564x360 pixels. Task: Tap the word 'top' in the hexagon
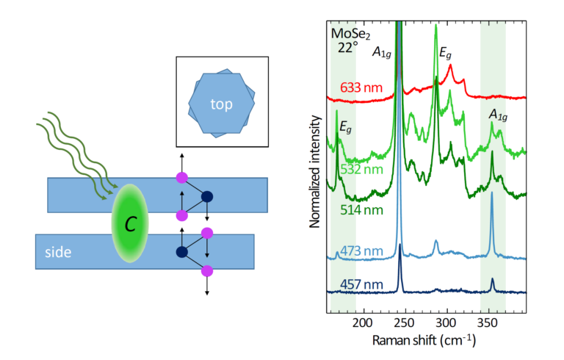221,104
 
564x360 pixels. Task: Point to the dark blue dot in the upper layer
207,196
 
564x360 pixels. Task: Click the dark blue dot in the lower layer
181,252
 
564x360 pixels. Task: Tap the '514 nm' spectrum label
361,210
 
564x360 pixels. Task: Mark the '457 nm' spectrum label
361,284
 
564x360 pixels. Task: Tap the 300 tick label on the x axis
445,322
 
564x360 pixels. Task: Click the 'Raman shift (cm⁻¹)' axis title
424,340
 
